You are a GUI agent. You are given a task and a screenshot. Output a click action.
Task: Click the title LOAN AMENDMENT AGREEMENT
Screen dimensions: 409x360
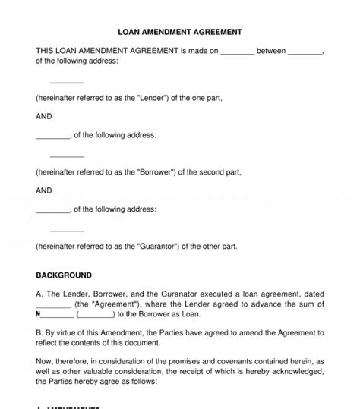tap(180, 33)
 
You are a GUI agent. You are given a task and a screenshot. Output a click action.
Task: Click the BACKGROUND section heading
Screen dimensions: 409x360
tap(64, 275)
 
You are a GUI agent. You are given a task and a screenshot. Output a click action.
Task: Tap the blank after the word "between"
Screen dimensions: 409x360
tap(306, 52)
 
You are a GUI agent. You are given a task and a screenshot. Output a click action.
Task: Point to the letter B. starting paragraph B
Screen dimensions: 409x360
tap(39, 332)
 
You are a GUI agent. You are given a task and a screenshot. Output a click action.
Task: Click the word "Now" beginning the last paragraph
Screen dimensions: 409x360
tap(45, 363)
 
